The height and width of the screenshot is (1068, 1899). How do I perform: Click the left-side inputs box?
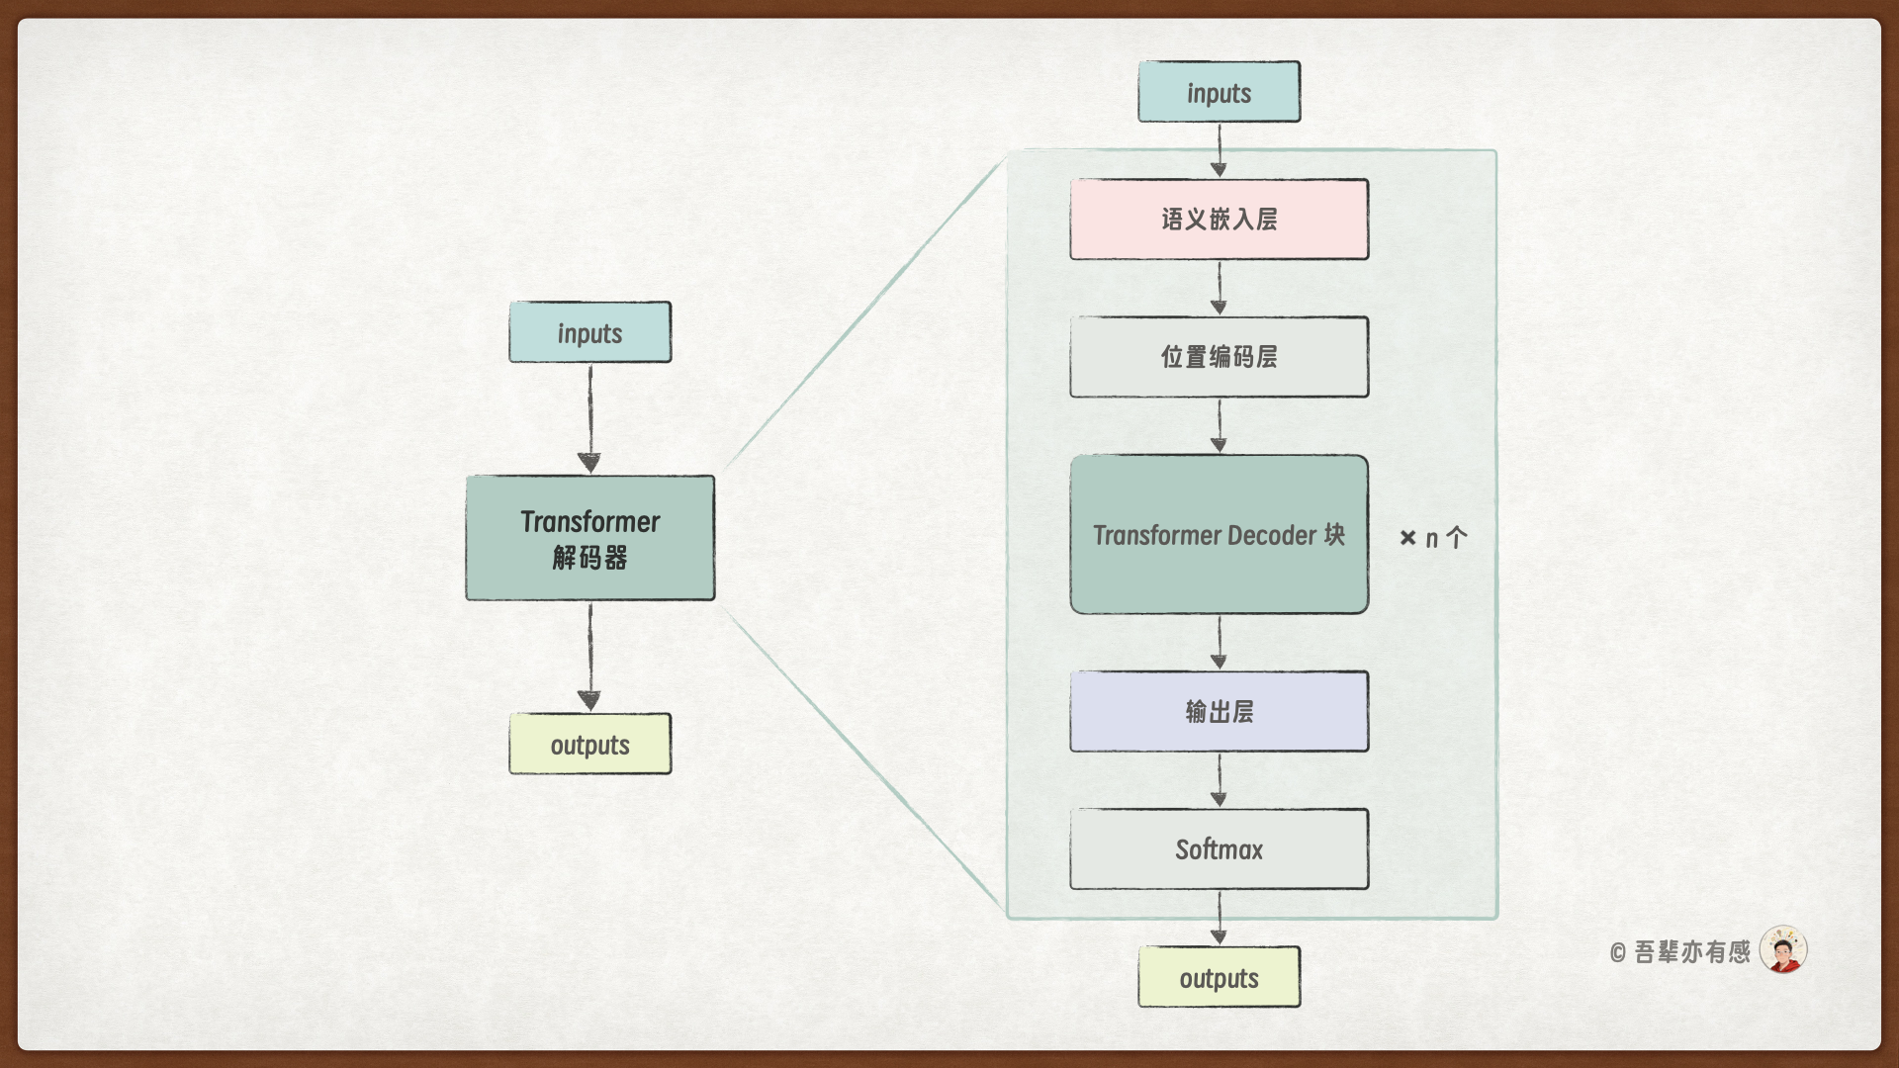(x=589, y=332)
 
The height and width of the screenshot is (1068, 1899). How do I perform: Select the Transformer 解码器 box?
(x=589, y=538)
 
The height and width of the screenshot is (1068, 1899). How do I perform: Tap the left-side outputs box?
(x=589, y=744)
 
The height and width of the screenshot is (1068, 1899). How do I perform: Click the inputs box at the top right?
(x=1219, y=92)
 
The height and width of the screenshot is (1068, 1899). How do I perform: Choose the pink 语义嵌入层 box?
(x=1219, y=220)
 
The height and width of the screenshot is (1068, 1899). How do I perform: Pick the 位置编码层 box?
(x=1219, y=357)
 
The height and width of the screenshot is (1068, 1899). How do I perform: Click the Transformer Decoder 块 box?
(x=1219, y=535)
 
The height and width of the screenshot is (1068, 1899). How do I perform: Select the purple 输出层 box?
(x=1219, y=712)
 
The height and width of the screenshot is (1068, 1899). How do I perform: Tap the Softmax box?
(x=1219, y=849)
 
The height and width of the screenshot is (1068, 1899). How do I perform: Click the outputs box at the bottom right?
(x=1219, y=977)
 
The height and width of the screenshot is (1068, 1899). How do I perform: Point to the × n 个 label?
(x=1433, y=538)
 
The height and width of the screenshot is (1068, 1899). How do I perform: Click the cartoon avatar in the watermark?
(x=1783, y=950)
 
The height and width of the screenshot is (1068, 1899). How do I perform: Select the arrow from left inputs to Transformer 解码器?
(x=590, y=419)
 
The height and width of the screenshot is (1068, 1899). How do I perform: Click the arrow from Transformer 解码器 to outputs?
(x=590, y=657)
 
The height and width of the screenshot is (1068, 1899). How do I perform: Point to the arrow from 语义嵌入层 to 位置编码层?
(x=1220, y=288)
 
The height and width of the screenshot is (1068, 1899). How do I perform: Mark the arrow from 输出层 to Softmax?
(x=1220, y=780)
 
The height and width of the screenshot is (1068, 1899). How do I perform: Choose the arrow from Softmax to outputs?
(x=1220, y=918)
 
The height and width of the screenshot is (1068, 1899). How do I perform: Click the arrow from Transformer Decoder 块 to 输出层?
(x=1220, y=643)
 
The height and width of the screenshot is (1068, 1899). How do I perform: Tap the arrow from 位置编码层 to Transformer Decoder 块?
(x=1220, y=426)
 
